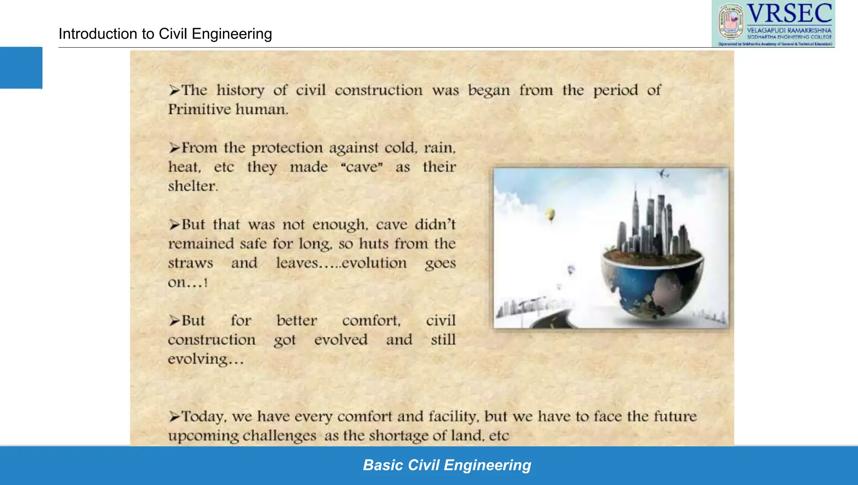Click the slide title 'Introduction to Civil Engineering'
[x=165, y=34]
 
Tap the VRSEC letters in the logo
[x=789, y=14]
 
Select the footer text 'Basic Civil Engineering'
[x=447, y=465]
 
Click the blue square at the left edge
[x=21, y=67]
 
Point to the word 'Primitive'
[x=199, y=109]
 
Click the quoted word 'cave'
[x=362, y=167]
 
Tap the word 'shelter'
[x=192, y=186]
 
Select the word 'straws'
[x=191, y=263]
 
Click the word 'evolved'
[x=341, y=340]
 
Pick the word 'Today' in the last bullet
[x=204, y=416]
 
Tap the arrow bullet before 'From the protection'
[x=174, y=148]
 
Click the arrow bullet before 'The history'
[x=174, y=90]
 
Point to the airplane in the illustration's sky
[x=664, y=173]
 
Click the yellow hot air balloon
[x=550, y=215]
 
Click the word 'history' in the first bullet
[x=240, y=90]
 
